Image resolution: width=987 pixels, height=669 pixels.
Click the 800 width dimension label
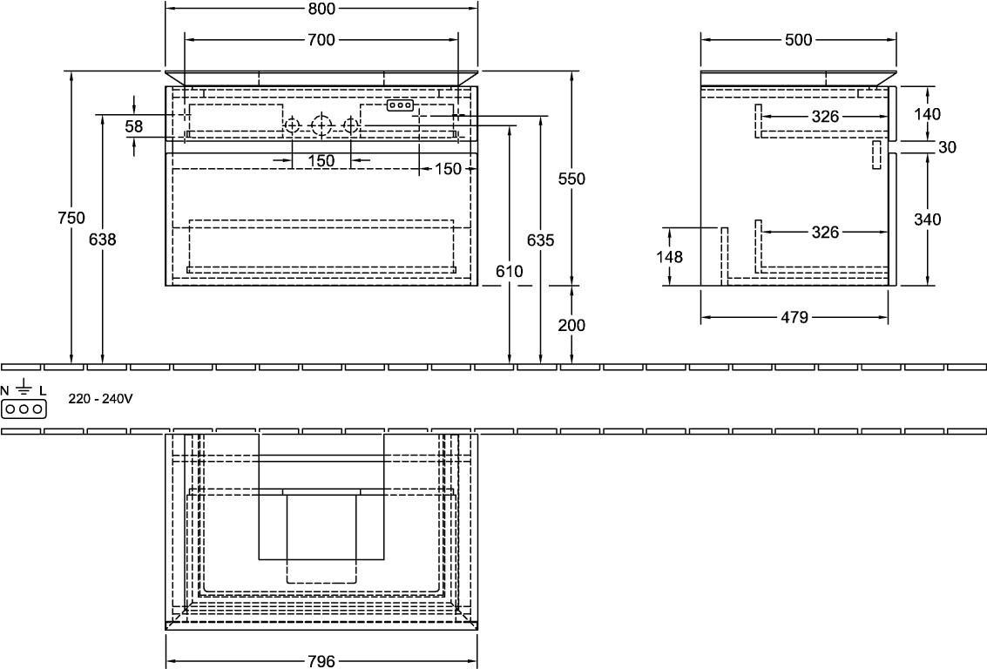[x=321, y=8]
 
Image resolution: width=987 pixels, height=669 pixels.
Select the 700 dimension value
[x=321, y=40]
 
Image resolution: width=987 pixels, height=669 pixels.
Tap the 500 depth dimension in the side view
[x=798, y=40]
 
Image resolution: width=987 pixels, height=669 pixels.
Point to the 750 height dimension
[x=71, y=218]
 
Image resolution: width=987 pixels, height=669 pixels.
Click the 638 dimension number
[x=103, y=240]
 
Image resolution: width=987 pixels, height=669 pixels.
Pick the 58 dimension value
[x=134, y=126]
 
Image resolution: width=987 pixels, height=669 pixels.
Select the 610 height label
[x=510, y=271]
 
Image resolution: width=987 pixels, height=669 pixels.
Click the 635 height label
[x=541, y=240]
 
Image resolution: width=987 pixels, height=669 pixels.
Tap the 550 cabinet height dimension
[x=571, y=179]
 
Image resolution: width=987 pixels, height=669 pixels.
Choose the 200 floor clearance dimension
[x=571, y=326]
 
